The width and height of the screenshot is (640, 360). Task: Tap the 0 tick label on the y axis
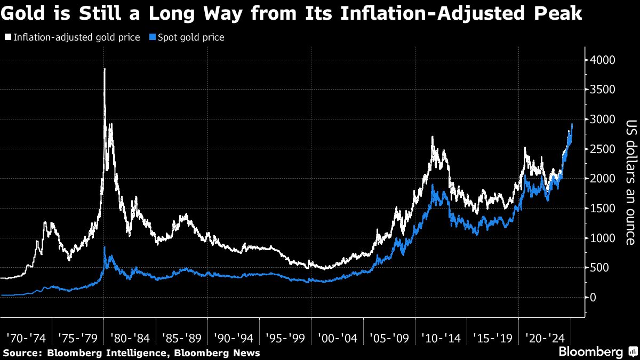[x=592, y=297]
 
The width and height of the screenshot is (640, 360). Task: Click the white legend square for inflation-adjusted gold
[x=7, y=38]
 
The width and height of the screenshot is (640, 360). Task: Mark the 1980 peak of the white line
[x=105, y=69]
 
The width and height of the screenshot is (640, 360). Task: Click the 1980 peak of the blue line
[x=105, y=247]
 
